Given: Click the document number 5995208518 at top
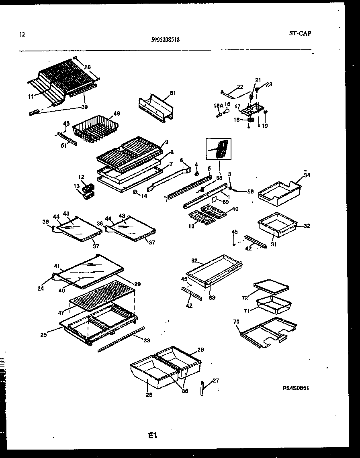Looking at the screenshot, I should pyautogui.click(x=166, y=40).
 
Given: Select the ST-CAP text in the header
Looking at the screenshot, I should pyautogui.click(x=300, y=33).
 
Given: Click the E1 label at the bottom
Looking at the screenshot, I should pyautogui.click(x=152, y=435).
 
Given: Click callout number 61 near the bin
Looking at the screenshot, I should pyautogui.click(x=173, y=93).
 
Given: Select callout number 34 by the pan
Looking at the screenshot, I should pyautogui.click(x=307, y=175).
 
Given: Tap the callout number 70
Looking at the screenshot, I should pyautogui.click(x=236, y=322).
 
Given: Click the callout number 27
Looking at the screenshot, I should pyautogui.click(x=216, y=381).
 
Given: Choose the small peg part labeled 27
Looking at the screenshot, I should pyautogui.click(x=201, y=388).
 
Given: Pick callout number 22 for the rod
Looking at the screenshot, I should pyautogui.click(x=240, y=87).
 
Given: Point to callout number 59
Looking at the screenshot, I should pyautogui.click(x=250, y=191).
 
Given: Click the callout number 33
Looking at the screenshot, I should pyautogui.click(x=147, y=340).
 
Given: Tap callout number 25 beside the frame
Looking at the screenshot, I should pyautogui.click(x=43, y=334).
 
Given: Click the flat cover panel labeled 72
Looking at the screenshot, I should pyautogui.click(x=271, y=286).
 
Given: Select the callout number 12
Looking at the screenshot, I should pyautogui.click(x=81, y=177).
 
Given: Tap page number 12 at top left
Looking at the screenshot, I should pyautogui.click(x=22, y=35).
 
